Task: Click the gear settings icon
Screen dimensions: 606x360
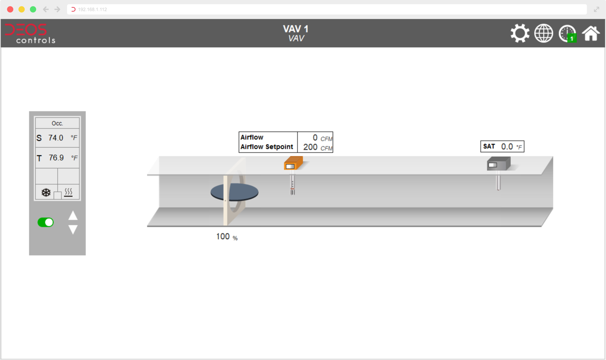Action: pos(520,33)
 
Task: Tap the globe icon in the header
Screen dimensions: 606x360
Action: pos(544,33)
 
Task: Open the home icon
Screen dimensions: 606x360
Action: pos(590,33)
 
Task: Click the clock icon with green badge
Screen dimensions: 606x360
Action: pos(567,33)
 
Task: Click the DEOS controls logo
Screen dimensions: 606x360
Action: pos(30,33)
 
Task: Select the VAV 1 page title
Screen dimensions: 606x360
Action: pos(296,29)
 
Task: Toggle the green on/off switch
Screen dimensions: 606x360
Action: pos(45,222)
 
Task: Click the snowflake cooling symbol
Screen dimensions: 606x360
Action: pos(46,192)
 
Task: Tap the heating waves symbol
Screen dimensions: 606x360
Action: pos(68,192)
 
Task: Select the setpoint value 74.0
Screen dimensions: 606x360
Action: pos(56,138)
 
